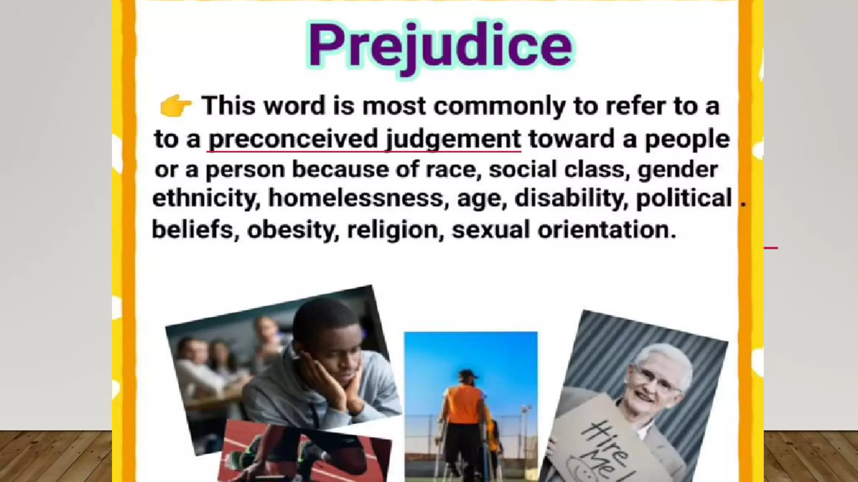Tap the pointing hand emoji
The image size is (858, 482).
pos(175,105)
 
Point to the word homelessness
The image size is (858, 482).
pos(355,197)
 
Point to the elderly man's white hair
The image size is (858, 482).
pos(666,356)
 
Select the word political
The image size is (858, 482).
pos(684,197)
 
